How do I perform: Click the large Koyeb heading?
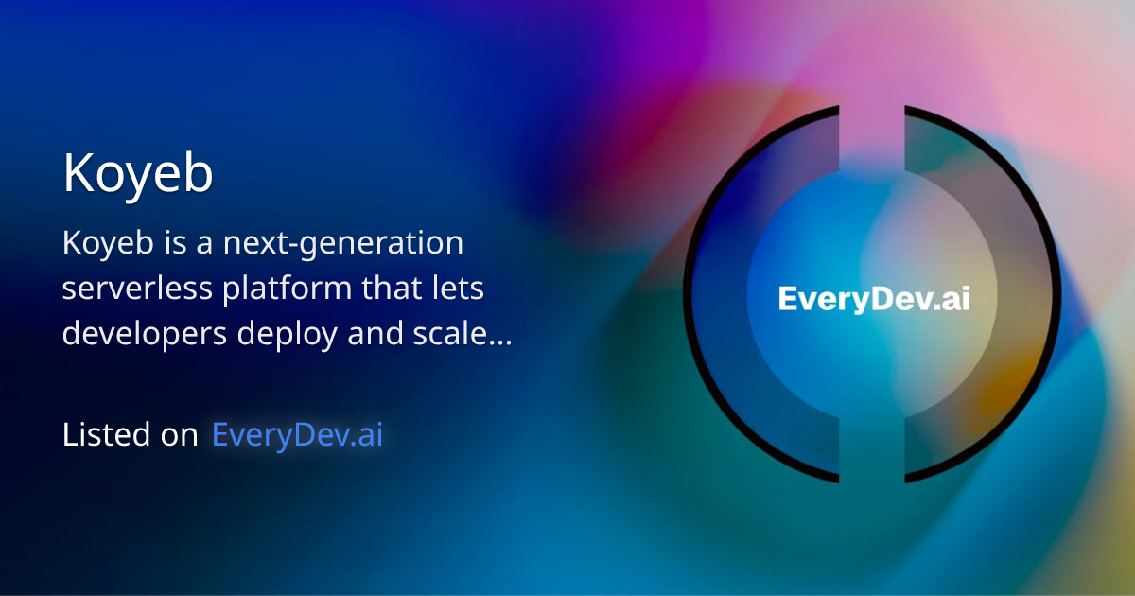[138, 175]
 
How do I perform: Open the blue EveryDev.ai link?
[297, 435]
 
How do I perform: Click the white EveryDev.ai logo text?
[874, 299]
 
